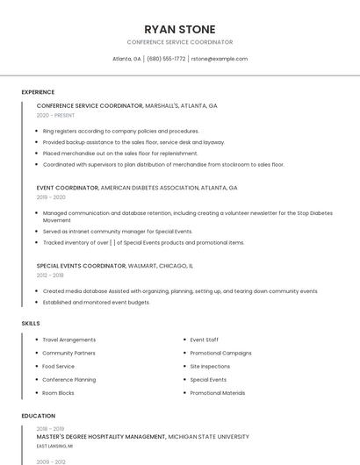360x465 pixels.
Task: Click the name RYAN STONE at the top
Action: point(179,29)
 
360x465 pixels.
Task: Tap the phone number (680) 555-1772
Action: point(166,59)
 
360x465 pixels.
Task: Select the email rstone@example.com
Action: point(220,59)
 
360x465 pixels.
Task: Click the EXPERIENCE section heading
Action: point(38,92)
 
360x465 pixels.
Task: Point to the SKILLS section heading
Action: point(31,324)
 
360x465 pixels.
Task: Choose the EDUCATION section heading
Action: point(38,416)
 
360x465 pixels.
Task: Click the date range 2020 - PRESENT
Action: point(55,115)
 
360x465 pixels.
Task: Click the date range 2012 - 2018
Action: point(50,275)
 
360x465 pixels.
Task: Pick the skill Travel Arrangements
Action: point(69,340)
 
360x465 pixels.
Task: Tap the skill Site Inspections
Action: point(210,366)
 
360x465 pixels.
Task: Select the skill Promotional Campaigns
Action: point(220,353)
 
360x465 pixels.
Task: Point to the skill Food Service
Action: point(59,366)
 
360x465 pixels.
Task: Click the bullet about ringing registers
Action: point(120,131)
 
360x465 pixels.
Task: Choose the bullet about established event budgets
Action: point(97,303)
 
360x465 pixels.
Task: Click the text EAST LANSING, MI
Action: point(54,446)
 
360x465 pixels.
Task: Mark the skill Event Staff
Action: point(205,340)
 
